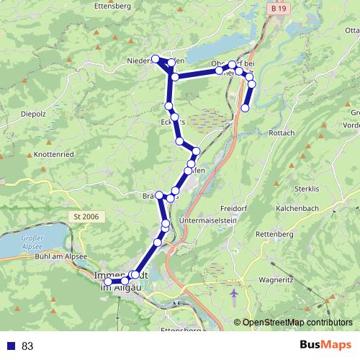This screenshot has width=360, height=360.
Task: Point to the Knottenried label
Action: [52, 155]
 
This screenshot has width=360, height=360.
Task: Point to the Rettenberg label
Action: [276, 235]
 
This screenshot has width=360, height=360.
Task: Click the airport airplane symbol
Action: [235, 294]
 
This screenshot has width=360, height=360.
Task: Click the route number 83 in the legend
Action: [27, 346]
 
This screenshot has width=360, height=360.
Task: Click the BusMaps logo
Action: [321, 346]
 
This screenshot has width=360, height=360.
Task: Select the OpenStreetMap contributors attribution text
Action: [297, 323]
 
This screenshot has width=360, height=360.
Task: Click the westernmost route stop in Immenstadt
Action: [109, 281]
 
